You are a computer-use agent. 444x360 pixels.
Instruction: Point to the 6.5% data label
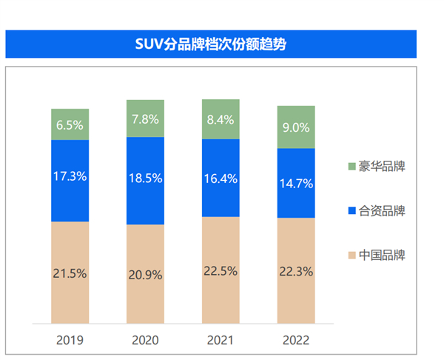coord(70,125)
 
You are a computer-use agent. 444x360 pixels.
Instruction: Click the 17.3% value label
coord(70,176)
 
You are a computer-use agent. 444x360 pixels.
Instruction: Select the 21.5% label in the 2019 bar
coord(70,273)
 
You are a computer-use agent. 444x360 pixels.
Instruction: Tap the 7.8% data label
coord(145,119)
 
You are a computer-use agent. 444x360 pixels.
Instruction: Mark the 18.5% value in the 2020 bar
coord(145,179)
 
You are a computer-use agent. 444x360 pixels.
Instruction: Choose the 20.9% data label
coord(145,273)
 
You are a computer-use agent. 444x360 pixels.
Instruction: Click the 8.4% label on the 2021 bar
coord(221,119)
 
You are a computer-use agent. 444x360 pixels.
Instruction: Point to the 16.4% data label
coord(221,178)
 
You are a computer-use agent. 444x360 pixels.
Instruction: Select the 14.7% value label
coord(296,183)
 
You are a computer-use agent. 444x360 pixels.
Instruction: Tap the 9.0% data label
coord(296,127)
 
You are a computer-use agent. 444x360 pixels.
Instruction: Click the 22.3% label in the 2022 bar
coord(296,272)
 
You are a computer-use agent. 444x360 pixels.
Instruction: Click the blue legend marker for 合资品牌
coord(350,211)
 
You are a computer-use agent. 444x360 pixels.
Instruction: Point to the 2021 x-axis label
coord(221,341)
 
